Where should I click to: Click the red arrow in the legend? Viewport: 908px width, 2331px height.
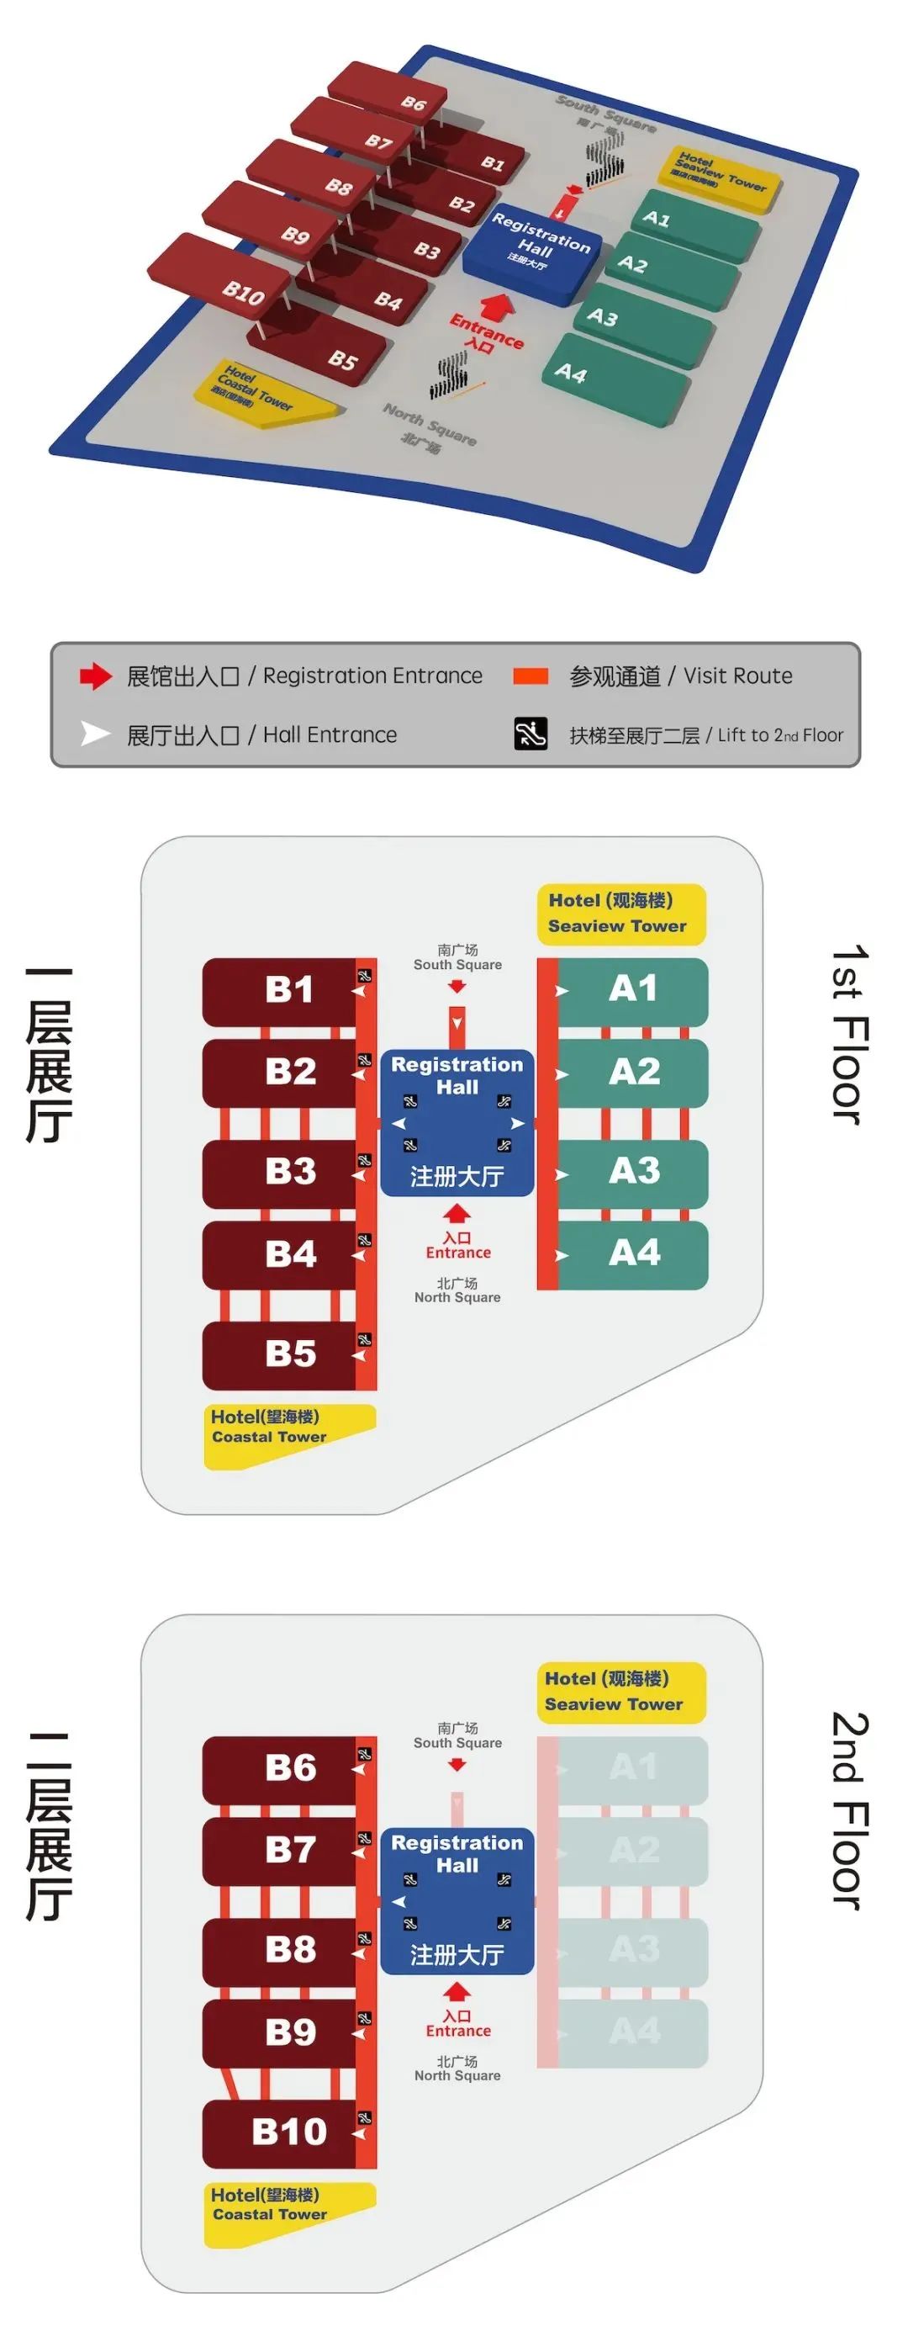pyautogui.click(x=95, y=676)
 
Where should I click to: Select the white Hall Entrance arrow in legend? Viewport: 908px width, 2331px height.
pyautogui.click(x=95, y=734)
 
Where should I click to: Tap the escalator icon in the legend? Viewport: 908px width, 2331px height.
pyautogui.click(x=531, y=734)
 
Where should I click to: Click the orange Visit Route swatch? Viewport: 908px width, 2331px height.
pyautogui.click(x=531, y=676)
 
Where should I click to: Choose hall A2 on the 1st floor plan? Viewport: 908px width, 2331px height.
pyautogui.click(x=633, y=1073)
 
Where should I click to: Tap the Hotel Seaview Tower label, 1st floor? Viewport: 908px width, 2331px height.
pyautogui.click(x=620, y=913)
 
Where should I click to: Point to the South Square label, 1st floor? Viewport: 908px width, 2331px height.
pyautogui.click(x=457, y=957)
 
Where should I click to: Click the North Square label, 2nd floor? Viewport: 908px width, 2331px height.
pyautogui.click(x=457, y=2069)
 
